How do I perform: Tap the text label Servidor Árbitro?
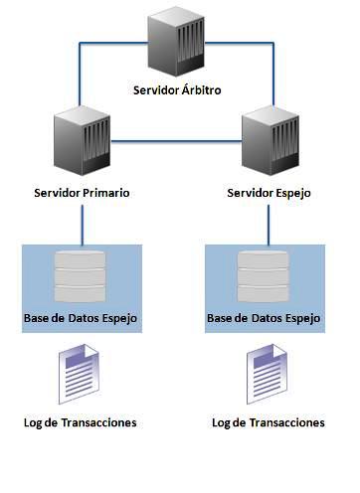point(176,90)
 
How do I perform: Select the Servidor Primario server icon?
point(83,143)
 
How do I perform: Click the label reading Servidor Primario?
point(83,191)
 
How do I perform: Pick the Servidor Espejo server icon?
point(270,143)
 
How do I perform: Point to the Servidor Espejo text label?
point(270,191)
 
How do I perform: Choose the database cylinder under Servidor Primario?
point(83,276)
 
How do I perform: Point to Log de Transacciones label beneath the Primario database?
point(81,422)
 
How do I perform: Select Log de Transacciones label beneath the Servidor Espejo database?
point(269,422)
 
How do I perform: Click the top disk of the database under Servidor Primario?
point(83,260)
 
